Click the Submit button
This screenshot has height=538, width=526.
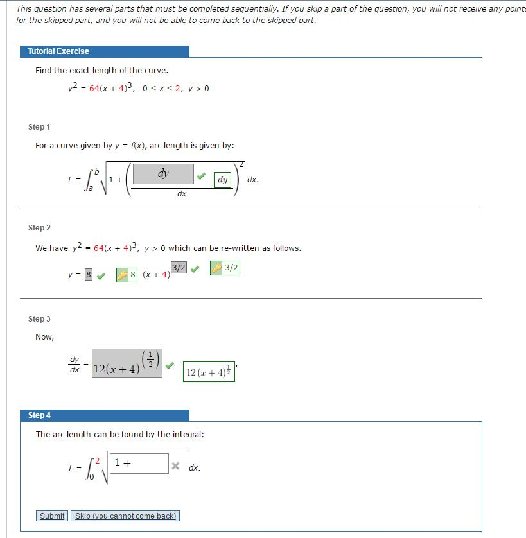pos(52,516)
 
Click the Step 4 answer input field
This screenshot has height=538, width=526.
pos(140,463)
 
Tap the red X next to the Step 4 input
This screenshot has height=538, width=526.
pos(175,466)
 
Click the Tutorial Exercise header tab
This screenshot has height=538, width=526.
pos(105,51)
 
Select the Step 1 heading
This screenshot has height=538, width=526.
pos(39,127)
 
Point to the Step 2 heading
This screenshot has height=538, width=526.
pos(39,228)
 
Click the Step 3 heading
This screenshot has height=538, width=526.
pos(39,319)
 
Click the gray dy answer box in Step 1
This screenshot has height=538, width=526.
pos(163,174)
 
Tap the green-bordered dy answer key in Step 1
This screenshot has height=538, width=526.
pos(222,180)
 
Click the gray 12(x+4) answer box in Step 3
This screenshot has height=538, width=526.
pos(127,364)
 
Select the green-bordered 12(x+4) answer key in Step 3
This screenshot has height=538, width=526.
pos(209,372)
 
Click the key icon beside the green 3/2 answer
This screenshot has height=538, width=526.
pos(217,268)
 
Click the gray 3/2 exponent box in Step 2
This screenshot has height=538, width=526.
pos(179,267)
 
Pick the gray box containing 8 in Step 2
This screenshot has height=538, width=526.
pos(89,275)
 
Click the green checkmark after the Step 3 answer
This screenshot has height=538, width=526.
pos(170,365)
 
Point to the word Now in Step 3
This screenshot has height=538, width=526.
pos(44,337)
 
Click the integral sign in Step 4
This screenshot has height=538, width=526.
pos(90,469)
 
